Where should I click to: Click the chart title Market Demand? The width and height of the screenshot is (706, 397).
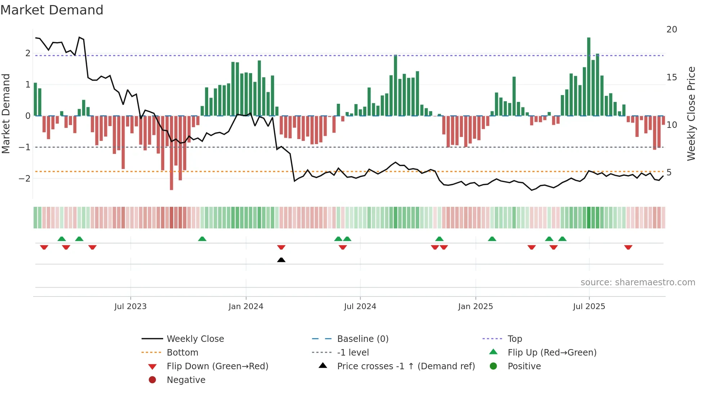52,10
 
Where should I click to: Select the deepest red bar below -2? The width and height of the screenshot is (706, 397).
171,153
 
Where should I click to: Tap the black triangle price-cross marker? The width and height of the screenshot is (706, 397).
281,260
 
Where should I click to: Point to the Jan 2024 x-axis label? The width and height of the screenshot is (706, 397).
246,307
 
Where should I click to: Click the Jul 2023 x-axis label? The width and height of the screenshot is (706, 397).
130,307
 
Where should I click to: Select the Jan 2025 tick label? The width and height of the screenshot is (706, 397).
475,307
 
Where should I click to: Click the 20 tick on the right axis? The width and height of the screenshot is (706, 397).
671,30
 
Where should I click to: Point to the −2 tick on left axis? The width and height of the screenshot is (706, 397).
24,179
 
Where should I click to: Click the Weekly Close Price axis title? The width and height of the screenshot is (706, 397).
691,113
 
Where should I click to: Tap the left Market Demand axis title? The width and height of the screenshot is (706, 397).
6,113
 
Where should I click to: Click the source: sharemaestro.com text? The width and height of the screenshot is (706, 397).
638,282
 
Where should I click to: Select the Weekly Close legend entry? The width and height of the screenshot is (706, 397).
195,339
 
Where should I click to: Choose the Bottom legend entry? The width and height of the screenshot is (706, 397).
182,353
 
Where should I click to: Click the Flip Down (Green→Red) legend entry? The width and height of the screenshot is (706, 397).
217,366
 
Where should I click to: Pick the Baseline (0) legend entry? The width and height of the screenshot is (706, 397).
362,339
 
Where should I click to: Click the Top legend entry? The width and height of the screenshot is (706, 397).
515,339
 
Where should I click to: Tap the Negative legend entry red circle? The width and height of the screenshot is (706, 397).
152,380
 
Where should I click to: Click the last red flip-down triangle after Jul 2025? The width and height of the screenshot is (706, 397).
628,247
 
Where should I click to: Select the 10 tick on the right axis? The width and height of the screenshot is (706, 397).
671,125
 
